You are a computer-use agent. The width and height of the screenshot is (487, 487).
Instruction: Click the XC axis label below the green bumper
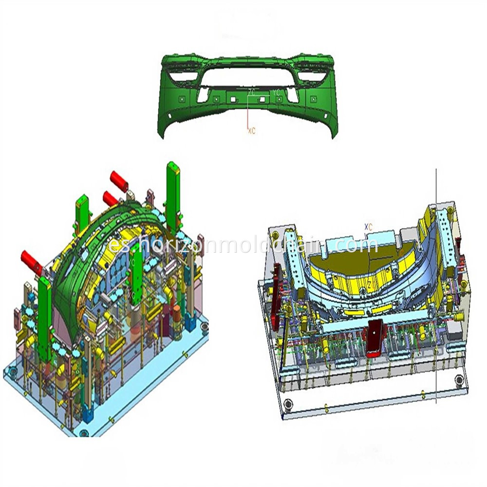click(252, 131)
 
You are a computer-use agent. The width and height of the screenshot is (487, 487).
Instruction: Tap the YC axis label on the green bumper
click(276, 92)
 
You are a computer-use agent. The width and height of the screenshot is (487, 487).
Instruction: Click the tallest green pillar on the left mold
click(173, 195)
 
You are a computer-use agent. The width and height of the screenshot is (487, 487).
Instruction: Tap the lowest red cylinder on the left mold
click(32, 263)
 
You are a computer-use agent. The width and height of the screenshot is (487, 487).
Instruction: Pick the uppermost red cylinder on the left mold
click(119, 181)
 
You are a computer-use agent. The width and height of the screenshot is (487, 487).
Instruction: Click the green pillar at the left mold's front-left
click(44, 317)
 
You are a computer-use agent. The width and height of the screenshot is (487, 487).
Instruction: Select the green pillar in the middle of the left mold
click(137, 273)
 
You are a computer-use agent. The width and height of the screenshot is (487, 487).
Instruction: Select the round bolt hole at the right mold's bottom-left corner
click(289, 404)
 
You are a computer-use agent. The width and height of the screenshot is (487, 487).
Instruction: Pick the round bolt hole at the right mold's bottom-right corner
click(458, 379)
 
